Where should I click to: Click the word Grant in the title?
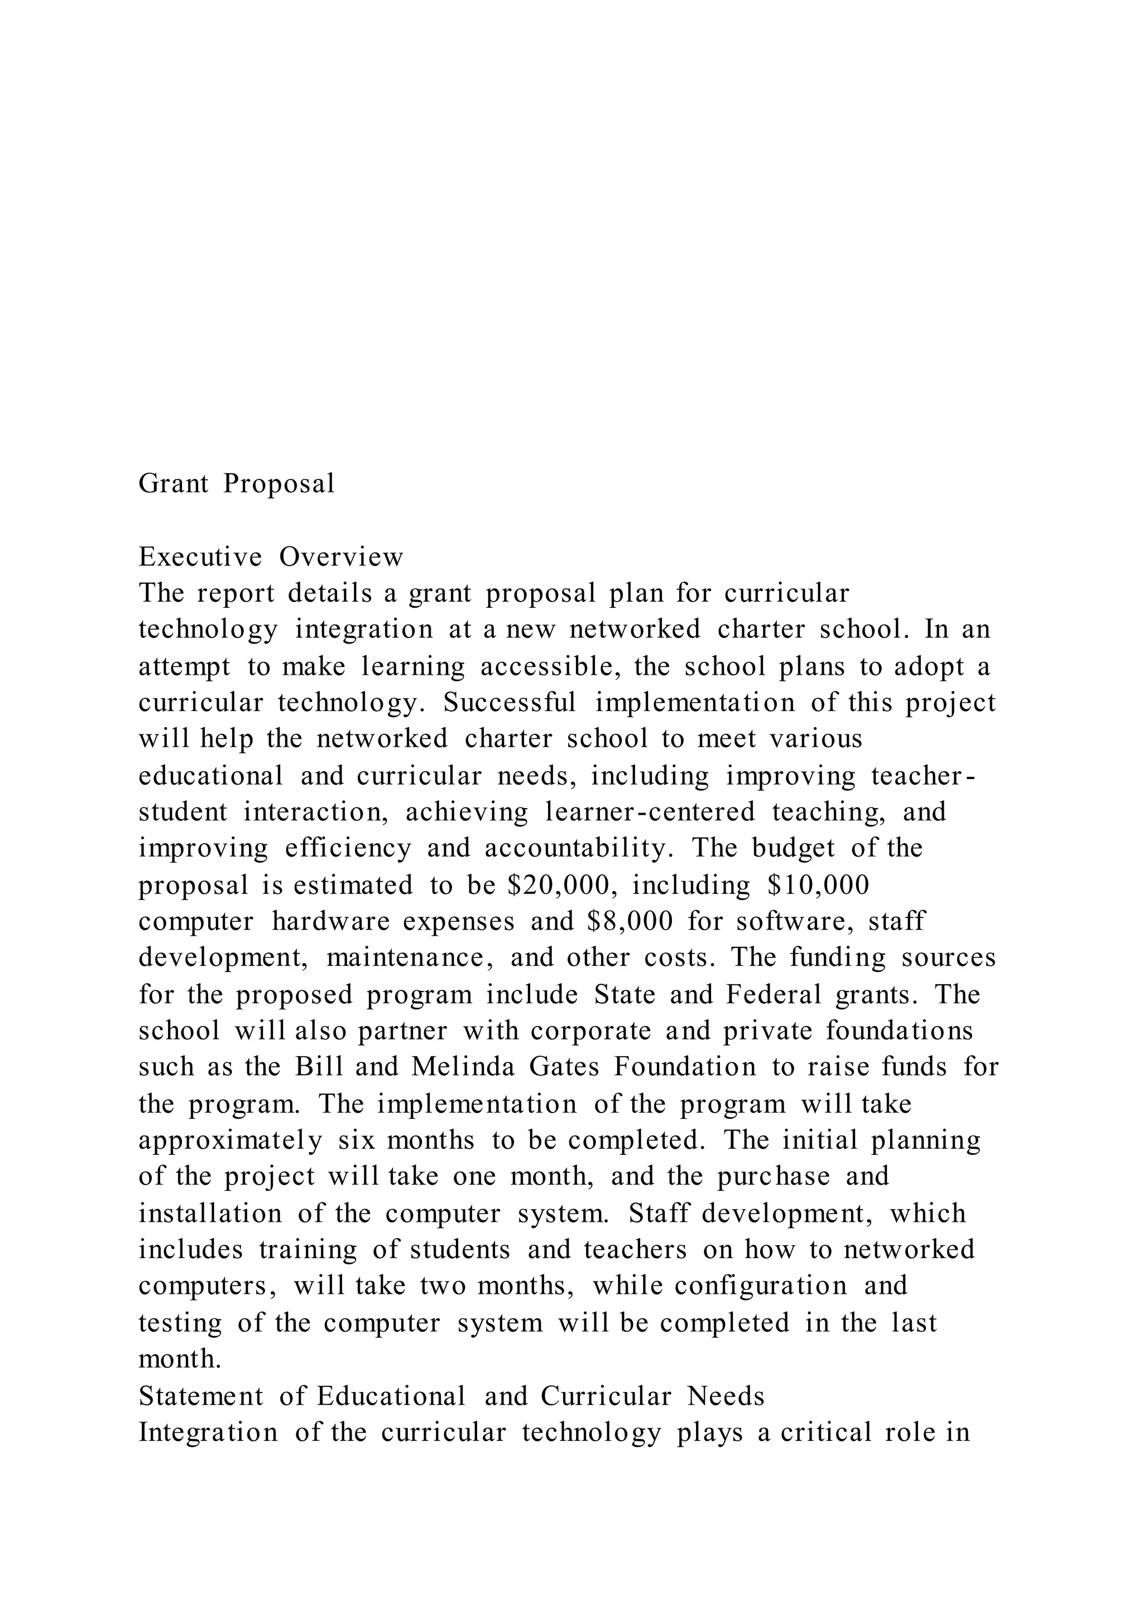tap(173, 484)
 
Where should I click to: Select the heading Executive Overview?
tap(271, 557)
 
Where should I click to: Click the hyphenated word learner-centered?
tap(650, 813)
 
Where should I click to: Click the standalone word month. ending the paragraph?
tap(180, 1359)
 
